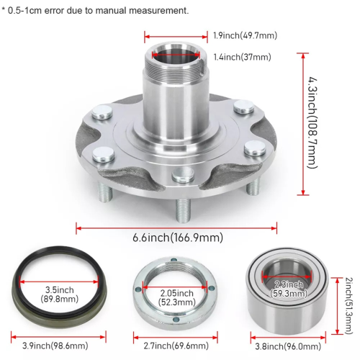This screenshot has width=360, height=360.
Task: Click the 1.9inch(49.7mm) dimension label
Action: point(245,35)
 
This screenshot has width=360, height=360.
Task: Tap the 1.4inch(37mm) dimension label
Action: point(242,57)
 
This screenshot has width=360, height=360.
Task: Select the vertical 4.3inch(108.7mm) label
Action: point(312,123)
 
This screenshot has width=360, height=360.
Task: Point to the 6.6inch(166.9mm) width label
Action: point(178,238)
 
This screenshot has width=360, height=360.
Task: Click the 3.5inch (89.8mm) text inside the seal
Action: point(59,294)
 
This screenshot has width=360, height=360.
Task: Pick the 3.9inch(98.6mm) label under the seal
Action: point(55,346)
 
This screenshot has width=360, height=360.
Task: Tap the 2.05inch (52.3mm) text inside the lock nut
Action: point(177,297)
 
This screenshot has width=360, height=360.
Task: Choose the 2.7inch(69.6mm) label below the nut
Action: point(176,346)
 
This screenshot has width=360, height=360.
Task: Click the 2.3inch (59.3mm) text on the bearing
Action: point(289,289)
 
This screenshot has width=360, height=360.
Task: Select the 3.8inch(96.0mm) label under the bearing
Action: point(288,346)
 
